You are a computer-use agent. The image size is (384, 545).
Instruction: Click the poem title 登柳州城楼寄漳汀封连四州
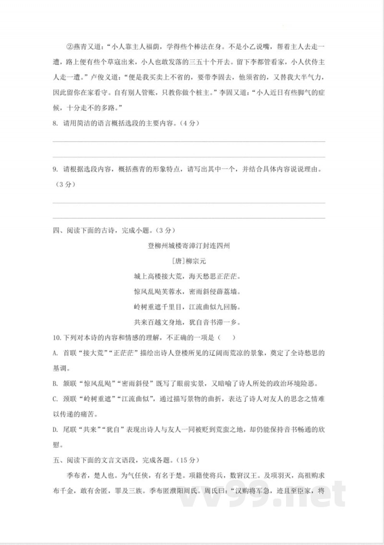pos(189,246)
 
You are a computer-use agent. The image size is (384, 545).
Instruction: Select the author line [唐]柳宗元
pos(189,261)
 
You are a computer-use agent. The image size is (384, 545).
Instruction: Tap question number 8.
pos(55,124)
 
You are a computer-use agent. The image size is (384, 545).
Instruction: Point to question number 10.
pos(57,338)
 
